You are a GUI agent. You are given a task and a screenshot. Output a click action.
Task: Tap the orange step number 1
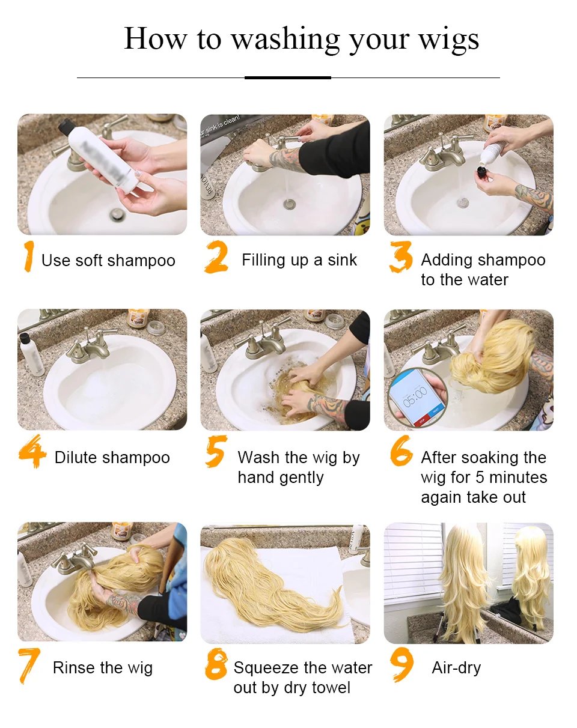coord(28,257)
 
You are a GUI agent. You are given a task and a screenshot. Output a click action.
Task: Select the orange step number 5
coord(215,452)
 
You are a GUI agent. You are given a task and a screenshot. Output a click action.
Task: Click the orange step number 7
coord(28,666)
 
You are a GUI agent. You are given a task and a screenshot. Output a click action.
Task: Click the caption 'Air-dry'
coord(456,667)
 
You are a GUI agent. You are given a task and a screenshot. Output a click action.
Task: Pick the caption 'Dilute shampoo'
coord(112,457)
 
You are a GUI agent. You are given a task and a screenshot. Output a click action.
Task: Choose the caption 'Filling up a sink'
coord(299,260)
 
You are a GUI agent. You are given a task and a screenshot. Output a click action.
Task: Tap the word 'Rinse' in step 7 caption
coord(76,667)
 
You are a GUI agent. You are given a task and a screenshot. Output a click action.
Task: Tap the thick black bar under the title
coord(288,77)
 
